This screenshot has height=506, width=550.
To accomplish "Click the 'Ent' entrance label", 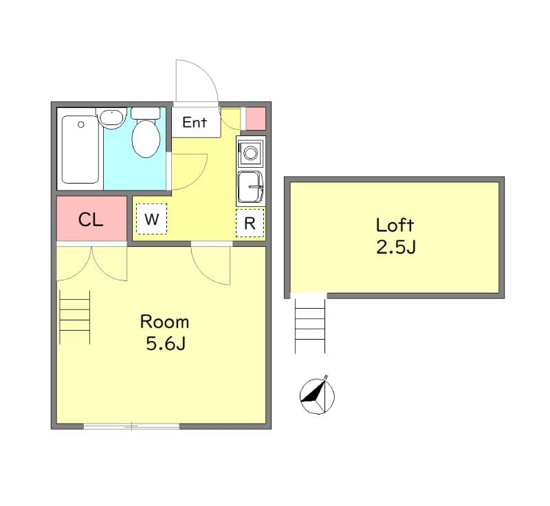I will (x=195, y=123).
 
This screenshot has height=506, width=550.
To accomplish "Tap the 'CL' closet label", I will (x=91, y=220).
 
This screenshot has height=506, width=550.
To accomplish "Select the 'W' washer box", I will (x=151, y=220).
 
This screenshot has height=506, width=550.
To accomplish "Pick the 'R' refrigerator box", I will (x=250, y=223).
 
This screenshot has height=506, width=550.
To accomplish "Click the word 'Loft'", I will (x=395, y=225).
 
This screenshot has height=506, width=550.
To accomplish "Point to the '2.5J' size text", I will (x=395, y=247).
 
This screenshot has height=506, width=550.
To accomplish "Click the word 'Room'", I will (x=164, y=322).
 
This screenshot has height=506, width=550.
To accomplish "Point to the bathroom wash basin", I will (x=112, y=118).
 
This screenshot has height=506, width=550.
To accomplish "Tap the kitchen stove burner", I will (x=250, y=152).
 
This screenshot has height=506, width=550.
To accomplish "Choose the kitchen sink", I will (x=250, y=187).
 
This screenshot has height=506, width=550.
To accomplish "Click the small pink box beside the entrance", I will (x=255, y=118).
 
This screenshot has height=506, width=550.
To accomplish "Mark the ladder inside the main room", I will (x=75, y=317).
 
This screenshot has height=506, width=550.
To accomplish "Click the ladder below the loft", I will (x=310, y=326).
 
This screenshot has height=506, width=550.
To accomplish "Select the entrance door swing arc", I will (x=198, y=81).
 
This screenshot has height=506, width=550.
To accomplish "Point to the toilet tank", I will (x=145, y=113).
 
